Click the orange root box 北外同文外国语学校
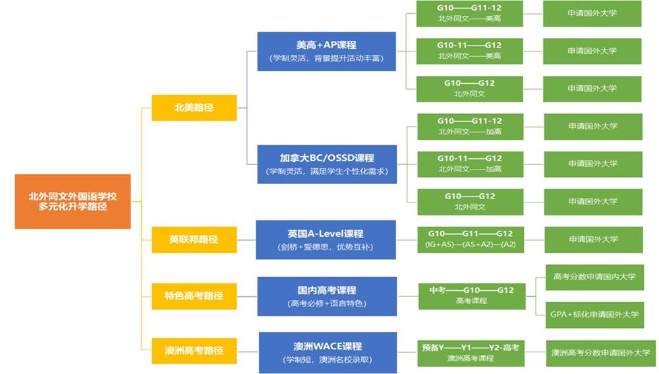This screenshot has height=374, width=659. pos(72,201)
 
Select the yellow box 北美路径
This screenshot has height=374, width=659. pos(194,108)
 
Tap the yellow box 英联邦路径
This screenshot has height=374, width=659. pos(194,239)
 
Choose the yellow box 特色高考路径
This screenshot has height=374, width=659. pos(194,296)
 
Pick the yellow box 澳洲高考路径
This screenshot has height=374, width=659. pos(194,350)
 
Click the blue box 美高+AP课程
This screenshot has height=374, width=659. pos(326,51)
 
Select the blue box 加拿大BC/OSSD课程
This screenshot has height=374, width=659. pos(326,164)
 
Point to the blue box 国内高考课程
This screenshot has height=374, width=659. pos(326,296)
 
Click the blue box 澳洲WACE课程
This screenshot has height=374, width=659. pos(328,352)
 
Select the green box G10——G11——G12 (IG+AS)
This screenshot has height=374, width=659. pos(470,239)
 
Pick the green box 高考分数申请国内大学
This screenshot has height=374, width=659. pos(594,277)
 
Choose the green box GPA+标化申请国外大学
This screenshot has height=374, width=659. pos(594,315)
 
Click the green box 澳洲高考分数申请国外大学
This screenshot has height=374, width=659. pos(601,353)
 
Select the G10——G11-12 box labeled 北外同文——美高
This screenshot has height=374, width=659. pos(469,14)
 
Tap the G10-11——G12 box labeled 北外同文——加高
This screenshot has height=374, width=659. pos(469,164)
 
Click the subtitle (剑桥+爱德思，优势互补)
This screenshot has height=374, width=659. pos(326,248)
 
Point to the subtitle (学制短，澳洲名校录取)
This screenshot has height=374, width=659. pos(328,360)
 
